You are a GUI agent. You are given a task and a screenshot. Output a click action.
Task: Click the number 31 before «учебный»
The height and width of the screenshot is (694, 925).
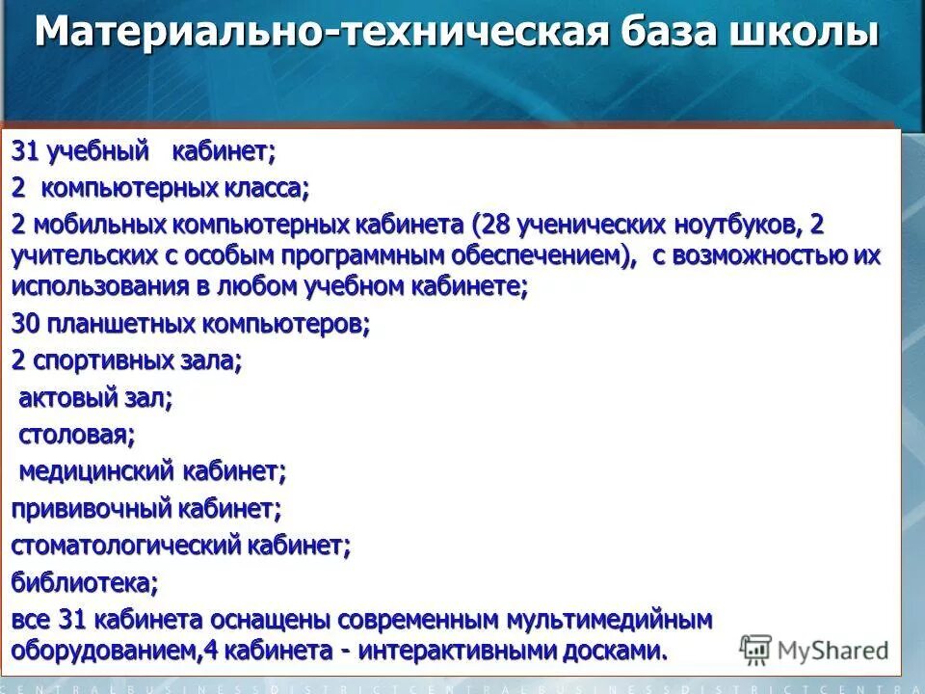pos(25,151)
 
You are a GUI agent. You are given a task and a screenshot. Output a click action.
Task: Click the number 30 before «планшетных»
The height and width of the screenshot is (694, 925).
pos(25,325)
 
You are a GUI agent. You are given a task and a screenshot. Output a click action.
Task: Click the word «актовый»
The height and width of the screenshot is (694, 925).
pos(66,398)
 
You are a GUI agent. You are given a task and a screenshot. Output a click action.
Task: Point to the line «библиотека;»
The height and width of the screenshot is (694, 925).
pos(85,582)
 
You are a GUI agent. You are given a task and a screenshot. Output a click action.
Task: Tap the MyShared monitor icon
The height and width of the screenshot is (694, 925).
pos(756,649)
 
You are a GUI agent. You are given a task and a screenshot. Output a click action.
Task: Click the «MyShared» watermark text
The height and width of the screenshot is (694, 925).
pos(832,651)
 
